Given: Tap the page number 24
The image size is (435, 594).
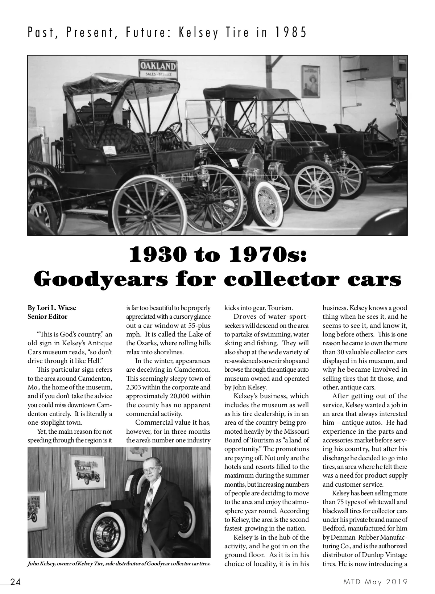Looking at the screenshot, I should [15, 582].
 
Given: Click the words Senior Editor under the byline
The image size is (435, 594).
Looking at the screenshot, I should [47, 317].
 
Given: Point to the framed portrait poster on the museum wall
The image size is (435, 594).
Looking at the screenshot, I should [311, 82].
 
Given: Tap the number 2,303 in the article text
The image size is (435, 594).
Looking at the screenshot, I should [135, 387].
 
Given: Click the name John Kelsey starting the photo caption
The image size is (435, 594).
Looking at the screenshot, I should [41, 564].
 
